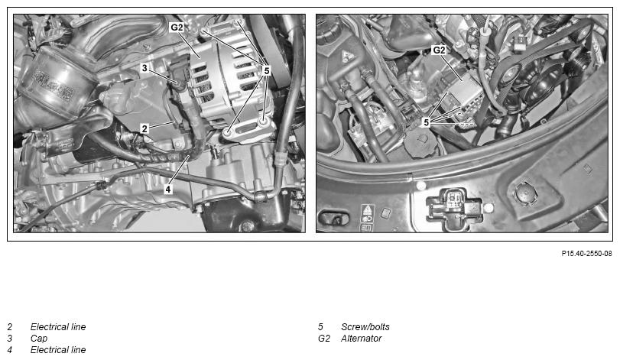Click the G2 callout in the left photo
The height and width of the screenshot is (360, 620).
coord(177,28)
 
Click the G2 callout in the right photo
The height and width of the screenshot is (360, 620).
coord(439,50)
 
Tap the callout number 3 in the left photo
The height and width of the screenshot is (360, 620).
coord(144,68)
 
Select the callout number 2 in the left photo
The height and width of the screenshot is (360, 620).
coord(144,128)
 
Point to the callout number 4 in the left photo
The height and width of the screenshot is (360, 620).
coord(168,190)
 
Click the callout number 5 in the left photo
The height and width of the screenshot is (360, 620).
coord(267,71)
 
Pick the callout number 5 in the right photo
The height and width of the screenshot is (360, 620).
coord(427,122)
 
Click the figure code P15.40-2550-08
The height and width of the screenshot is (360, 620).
coord(586,253)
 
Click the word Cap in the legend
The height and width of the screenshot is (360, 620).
coord(39,339)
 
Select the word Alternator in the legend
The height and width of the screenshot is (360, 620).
coord(362,339)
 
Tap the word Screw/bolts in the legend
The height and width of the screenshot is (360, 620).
coord(365,327)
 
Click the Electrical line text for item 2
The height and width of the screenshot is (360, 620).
coord(58,327)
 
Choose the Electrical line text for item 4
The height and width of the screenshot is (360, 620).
coord(58,350)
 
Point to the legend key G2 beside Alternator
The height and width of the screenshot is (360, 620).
coord(324,339)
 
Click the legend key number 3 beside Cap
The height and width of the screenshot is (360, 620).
coord(9,339)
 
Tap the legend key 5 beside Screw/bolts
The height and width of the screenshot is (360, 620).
coord(320,327)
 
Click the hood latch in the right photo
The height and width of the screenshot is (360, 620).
coord(454,207)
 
